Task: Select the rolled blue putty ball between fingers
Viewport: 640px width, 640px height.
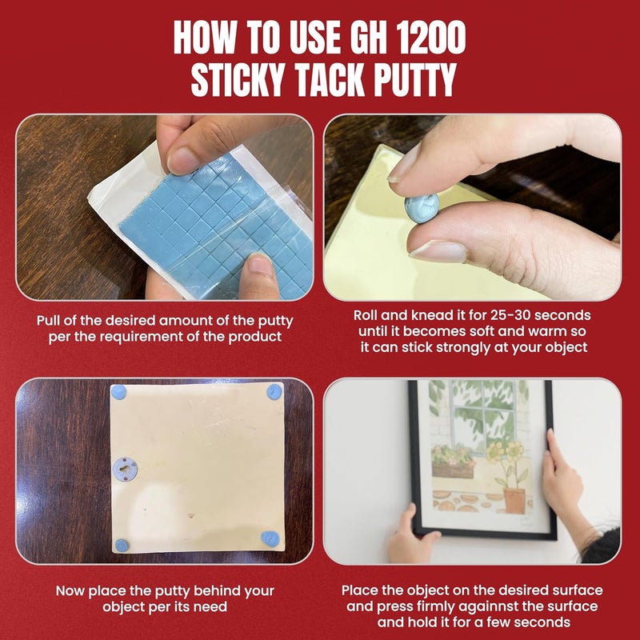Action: coord(422,208)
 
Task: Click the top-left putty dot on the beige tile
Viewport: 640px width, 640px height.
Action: coord(118,392)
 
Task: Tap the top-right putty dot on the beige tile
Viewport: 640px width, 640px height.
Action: coord(274,392)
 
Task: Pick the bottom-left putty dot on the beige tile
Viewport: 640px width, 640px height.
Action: coord(122,546)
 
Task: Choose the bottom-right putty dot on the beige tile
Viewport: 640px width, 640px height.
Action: coord(270,538)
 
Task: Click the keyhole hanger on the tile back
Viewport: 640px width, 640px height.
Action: coord(125,469)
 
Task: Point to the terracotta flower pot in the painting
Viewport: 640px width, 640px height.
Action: coord(514,501)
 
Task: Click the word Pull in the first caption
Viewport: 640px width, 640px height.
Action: coord(48,321)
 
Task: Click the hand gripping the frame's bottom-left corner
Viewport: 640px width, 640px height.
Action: coord(411,534)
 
